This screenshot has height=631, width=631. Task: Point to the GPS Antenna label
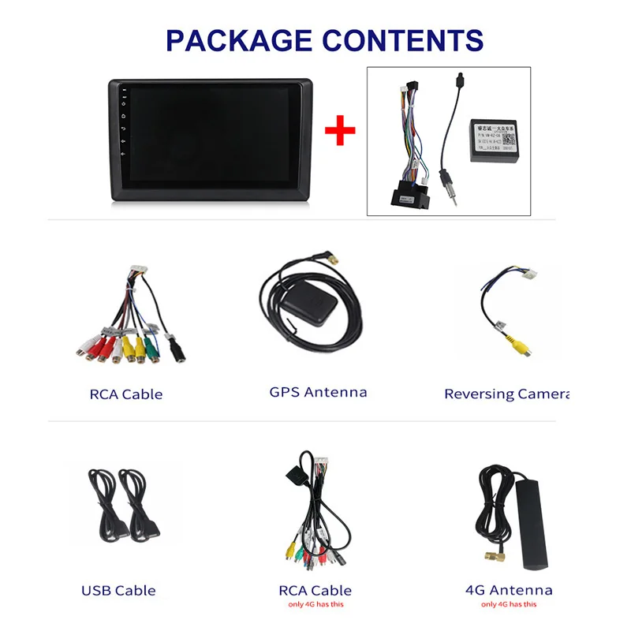click(318, 392)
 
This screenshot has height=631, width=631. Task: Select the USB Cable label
click(118, 590)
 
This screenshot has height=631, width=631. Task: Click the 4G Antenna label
click(509, 590)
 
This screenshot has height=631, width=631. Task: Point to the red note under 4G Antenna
click(509, 605)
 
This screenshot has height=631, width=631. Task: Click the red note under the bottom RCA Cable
click(315, 605)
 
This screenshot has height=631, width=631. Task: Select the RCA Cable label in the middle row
click(126, 394)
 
